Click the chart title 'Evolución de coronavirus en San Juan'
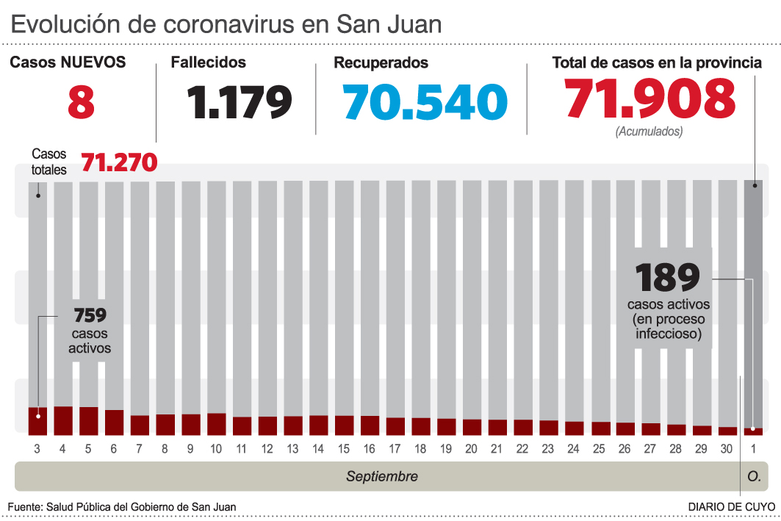[226, 24]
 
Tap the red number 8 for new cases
[81, 101]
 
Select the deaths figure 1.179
[239, 101]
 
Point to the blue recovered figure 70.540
[425, 101]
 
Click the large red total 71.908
[650, 98]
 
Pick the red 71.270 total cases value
[119, 162]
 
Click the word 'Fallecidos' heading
[209, 63]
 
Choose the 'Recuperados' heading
[381, 63]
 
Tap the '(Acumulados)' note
[649, 132]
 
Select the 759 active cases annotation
[90, 316]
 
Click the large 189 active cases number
[667, 278]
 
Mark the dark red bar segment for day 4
[63, 420]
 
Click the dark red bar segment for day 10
[217, 423]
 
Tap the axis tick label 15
[344, 449]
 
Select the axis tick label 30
[727, 449]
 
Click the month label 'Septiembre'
[382, 477]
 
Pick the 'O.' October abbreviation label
[754, 477]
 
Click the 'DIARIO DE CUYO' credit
[731, 507]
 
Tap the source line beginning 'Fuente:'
[122, 507]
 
